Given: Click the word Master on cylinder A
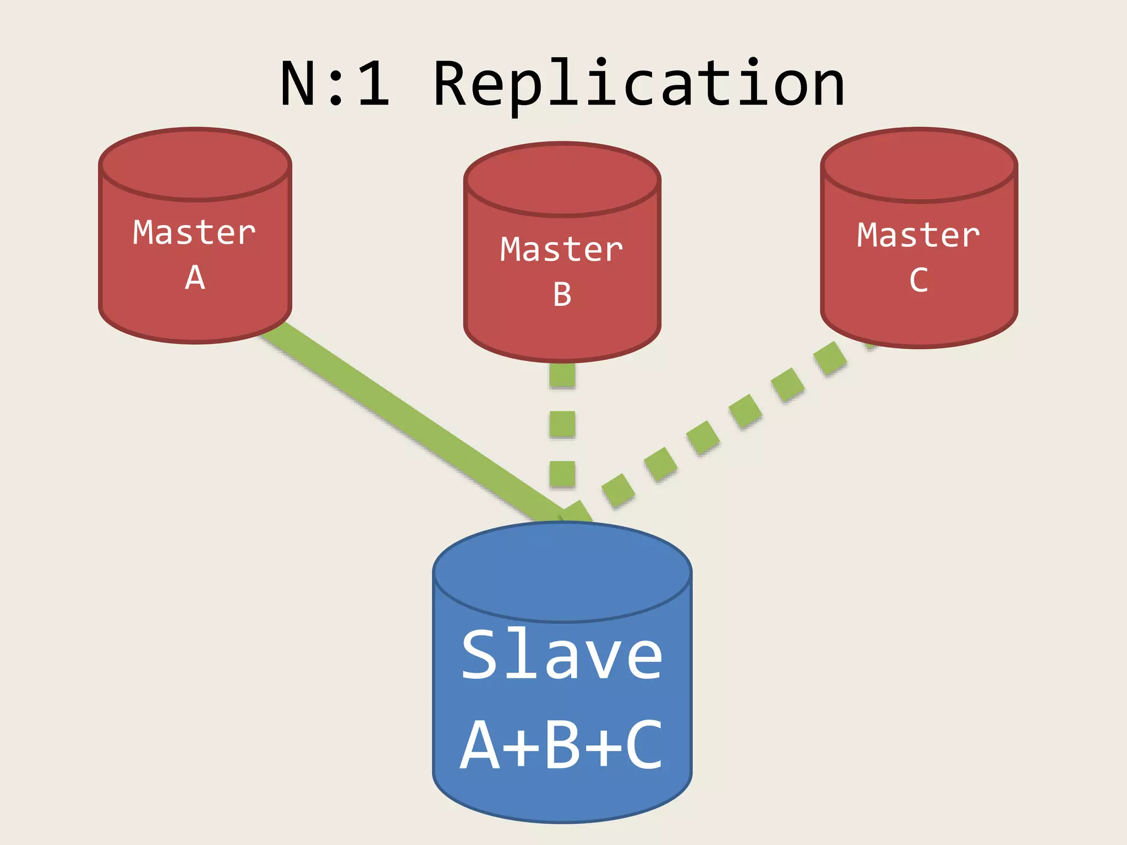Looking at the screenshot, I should tap(194, 232).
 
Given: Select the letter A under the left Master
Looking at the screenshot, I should tap(195, 278).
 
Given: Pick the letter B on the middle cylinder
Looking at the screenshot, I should tap(562, 295).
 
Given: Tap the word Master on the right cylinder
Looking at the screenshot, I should tap(918, 235).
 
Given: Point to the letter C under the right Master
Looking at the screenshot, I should tap(918, 281).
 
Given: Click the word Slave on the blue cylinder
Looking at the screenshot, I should tap(562, 655).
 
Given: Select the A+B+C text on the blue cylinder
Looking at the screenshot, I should tap(562, 745).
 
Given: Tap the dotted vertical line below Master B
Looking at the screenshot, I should tap(562, 424).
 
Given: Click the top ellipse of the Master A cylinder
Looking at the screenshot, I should tap(195, 164).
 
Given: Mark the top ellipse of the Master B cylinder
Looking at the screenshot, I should tap(562, 179).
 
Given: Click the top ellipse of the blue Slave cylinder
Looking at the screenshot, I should tap(562, 572).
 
